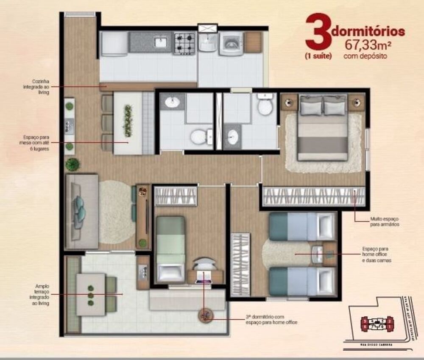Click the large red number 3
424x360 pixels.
[319, 32]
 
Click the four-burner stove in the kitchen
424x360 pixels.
[185, 43]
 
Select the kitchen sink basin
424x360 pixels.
[161, 42]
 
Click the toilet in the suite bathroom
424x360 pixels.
[266, 105]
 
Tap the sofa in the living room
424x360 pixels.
[82, 211]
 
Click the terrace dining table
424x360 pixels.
[91, 294]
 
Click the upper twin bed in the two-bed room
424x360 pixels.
[302, 226]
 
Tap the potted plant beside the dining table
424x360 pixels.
[73, 164]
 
